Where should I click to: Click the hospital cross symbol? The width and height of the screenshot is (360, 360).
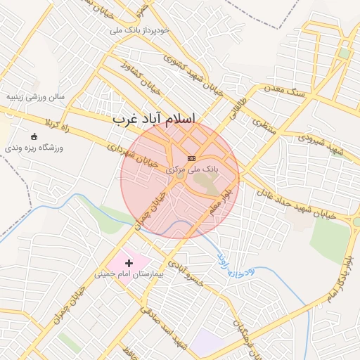pyautogui.click(x=128, y=262)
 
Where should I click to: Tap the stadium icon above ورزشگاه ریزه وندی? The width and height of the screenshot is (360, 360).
pyautogui.click(x=34, y=136)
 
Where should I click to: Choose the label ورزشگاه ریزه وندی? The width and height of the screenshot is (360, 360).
pyautogui.click(x=34, y=148)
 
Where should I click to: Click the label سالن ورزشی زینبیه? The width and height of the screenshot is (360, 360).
pyautogui.click(x=35, y=96)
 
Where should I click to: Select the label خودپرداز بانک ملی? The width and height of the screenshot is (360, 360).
pyautogui.click(x=140, y=31)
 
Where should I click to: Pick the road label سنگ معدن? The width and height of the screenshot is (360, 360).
pyautogui.click(x=284, y=89)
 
